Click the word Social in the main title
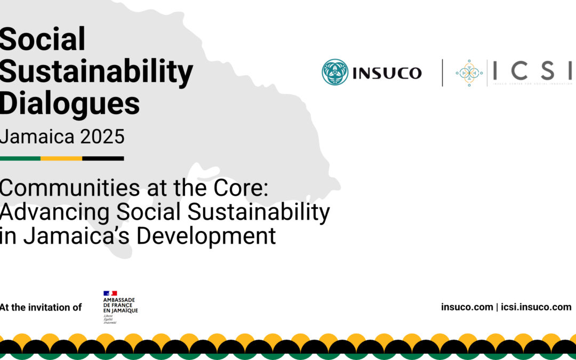click(x=43, y=39)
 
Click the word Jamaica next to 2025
click(x=38, y=137)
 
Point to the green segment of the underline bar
click(x=20, y=158)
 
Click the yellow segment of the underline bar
click(x=61, y=158)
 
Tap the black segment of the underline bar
click(x=103, y=158)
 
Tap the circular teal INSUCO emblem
click(x=335, y=73)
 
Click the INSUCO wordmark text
click(x=387, y=73)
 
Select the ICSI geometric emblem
click(x=469, y=73)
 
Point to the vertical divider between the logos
click(x=442, y=73)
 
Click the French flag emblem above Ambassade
click(x=110, y=293)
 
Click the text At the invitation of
click(x=41, y=307)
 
